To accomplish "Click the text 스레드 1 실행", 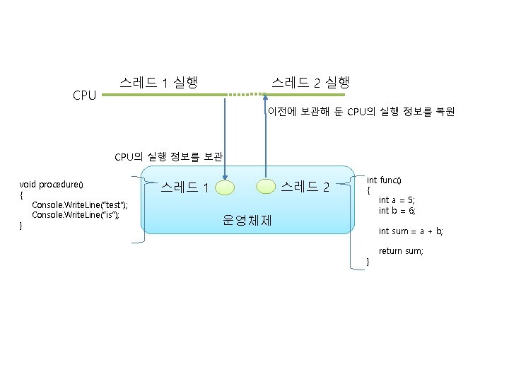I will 158,83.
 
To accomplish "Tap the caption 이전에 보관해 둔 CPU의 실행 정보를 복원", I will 361,112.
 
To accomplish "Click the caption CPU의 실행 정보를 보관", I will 168,156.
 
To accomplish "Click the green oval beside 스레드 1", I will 226,187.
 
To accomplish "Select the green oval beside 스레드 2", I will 265,186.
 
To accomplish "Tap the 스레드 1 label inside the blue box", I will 184,188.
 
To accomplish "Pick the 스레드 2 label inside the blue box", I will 305,187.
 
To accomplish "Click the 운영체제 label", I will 247,220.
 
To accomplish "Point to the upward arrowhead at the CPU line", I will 265,100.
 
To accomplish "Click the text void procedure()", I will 52,185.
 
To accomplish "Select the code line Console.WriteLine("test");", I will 80,204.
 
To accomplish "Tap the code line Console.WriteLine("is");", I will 76,214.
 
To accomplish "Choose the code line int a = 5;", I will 397,200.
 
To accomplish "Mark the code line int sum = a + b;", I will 410,231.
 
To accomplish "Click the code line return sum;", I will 401,251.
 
